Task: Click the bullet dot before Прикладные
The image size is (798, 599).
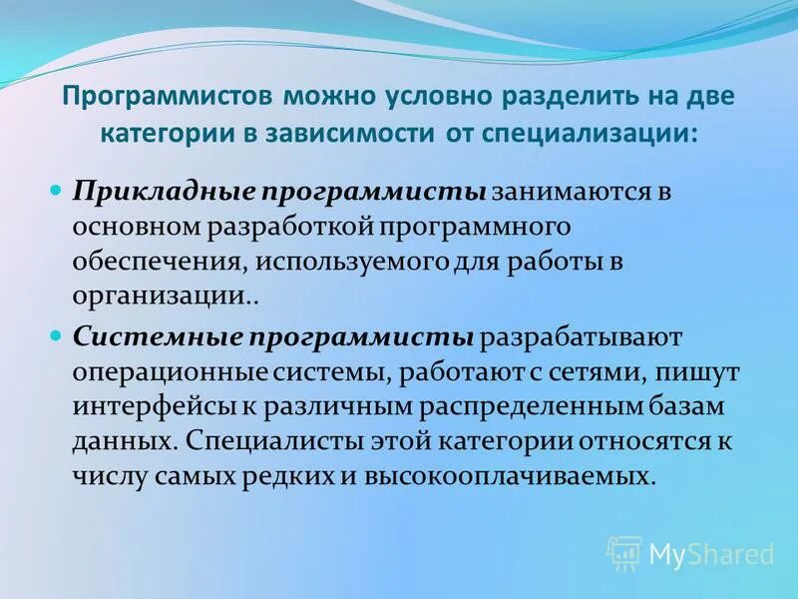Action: pyautogui.click(x=56, y=189)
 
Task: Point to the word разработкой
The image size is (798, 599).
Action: pyautogui.click(x=292, y=226)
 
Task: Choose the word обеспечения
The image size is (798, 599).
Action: pyautogui.click(x=158, y=262)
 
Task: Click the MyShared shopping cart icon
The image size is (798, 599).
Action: pyautogui.click(x=624, y=552)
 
